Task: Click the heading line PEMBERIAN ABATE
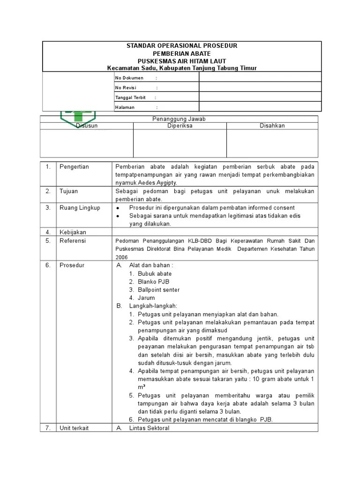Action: [x=182, y=53]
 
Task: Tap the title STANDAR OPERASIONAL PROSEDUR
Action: [x=182, y=46]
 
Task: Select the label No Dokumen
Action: [x=129, y=78]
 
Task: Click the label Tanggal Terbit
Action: [x=131, y=97]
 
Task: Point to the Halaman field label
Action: [x=125, y=107]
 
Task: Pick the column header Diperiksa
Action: [x=180, y=126]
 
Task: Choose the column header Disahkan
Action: [x=272, y=126]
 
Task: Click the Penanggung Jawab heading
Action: [x=179, y=119]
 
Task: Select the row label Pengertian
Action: [x=74, y=167]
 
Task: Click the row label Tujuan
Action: [x=68, y=191]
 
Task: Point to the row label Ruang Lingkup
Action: [x=80, y=208]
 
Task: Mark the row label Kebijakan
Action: [x=73, y=232]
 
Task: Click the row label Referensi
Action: [x=73, y=240]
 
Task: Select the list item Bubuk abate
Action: [x=155, y=274]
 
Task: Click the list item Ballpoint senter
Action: [x=158, y=290]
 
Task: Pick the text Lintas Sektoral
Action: [x=149, y=428]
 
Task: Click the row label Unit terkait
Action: [x=74, y=428]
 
